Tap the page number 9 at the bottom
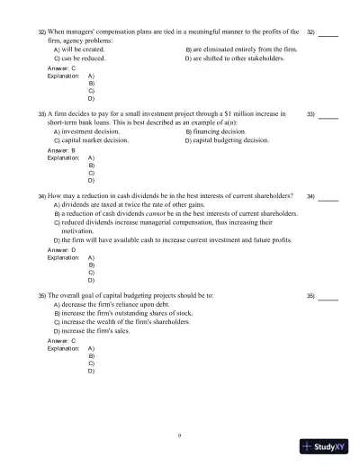[x=180, y=435]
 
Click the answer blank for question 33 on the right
[x=328, y=117]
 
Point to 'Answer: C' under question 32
[x=61, y=68]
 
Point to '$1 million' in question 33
[x=245, y=114]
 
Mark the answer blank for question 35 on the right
[x=328, y=297]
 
